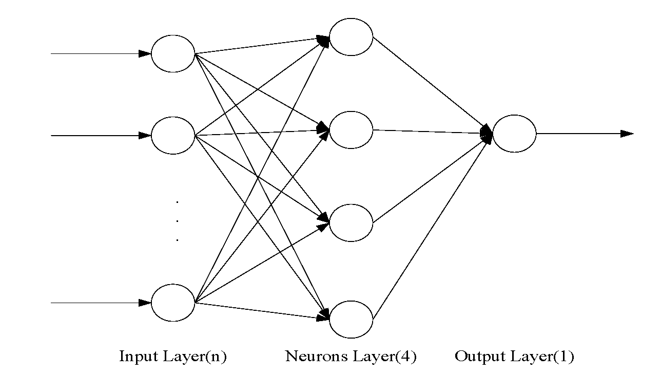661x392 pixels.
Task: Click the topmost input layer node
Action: pos(173,53)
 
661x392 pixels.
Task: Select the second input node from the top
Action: pos(173,136)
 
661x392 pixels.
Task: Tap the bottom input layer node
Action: pos(173,303)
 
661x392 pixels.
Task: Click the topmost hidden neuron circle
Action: pos(351,37)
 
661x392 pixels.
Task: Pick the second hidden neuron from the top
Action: pos(351,130)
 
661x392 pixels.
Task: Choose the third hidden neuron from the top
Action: pos(351,223)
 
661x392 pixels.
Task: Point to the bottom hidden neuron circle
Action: pos(351,320)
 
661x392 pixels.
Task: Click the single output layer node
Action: pos(514,134)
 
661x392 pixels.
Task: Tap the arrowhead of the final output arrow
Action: pos(627,134)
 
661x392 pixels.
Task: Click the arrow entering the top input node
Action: pos(98,53)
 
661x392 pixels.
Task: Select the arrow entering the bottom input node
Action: pos(98,303)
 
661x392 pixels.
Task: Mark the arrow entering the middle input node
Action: pos(98,136)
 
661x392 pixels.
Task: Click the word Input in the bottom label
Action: pos(137,357)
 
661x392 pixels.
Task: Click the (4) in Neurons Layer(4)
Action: pos(405,357)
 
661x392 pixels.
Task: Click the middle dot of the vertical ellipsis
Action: pos(177,221)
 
